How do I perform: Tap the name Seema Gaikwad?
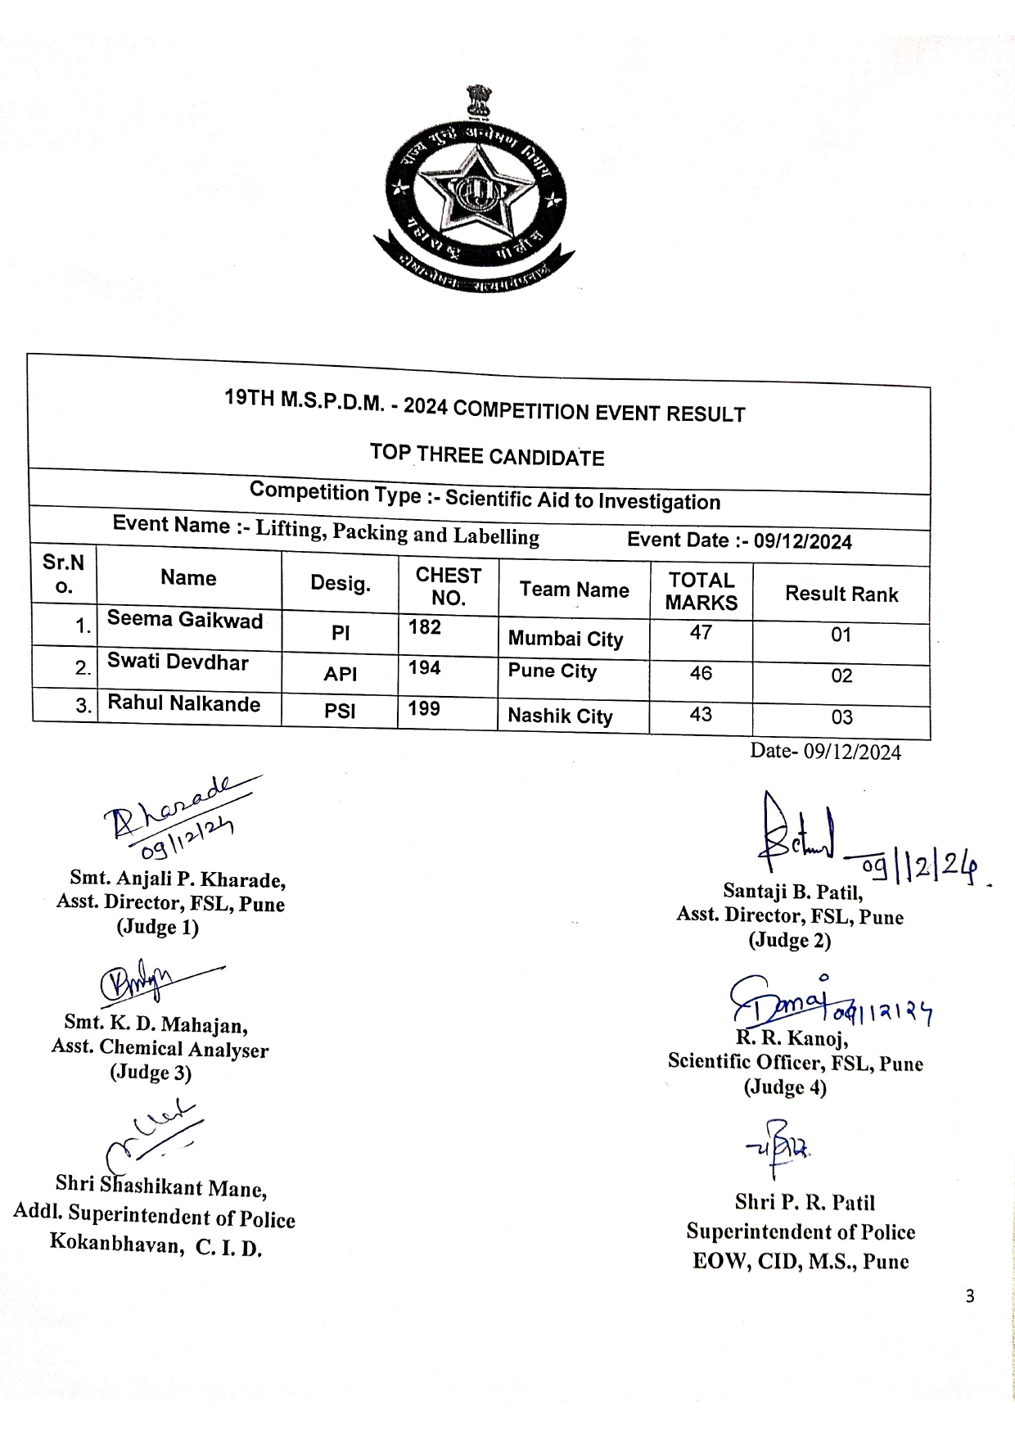(x=185, y=620)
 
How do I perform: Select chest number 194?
(x=425, y=668)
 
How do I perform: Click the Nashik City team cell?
(x=560, y=716)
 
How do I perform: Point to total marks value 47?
(x=701, y=632)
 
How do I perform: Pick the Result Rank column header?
(x=841, y=594)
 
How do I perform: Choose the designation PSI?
(x=340, y=711)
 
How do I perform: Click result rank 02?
(x=841, y=676)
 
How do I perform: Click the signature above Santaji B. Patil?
(x=798, y=836)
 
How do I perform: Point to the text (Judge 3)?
(x=151, y=1073)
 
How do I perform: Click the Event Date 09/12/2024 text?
(x=739, y=540)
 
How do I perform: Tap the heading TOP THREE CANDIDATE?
(x=487, y=454)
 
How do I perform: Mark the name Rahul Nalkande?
(x=184, y=704)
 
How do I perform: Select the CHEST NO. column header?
(x=448, y=586)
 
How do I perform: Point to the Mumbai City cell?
(x=566, y=639)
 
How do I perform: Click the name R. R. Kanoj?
(x=792, y=1038)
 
